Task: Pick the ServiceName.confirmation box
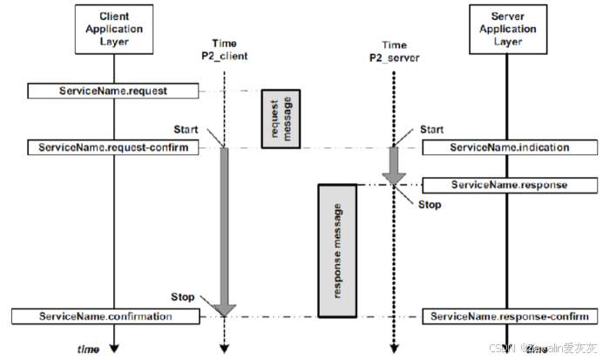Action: point(104,316)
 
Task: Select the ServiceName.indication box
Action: point(509,147)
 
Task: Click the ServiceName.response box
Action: point(509,185)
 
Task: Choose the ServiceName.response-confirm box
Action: point(509,316)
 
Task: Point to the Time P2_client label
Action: point(224,51)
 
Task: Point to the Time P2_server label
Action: point(394,51)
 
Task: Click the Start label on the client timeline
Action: point(186,130)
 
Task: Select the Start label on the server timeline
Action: point(431,130)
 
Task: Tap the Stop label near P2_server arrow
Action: point(429,205)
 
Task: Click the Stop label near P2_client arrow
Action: point(183,297)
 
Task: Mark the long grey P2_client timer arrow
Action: point(225,227)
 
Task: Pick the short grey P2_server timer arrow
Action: point(394,166)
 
